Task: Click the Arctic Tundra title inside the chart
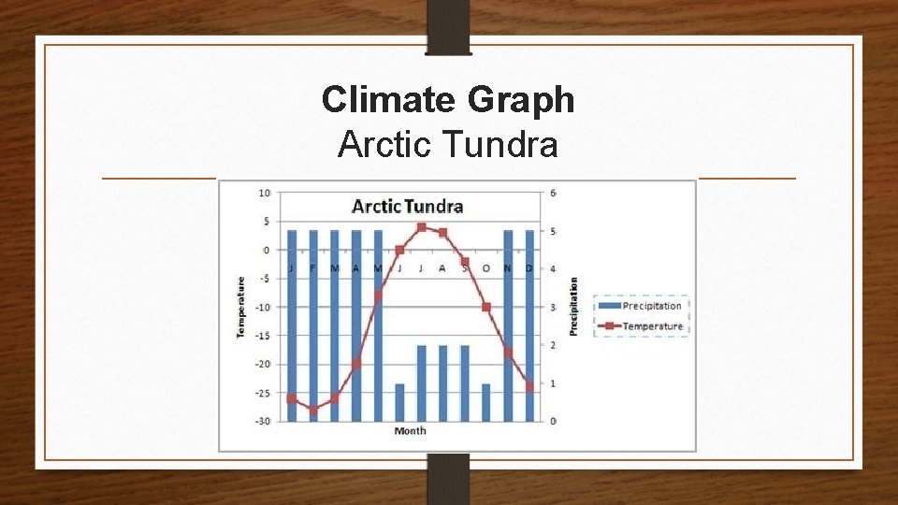(407, 207)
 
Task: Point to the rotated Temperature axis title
(240, 307)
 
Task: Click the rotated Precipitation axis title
(573, 307)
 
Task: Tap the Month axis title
(410, 431)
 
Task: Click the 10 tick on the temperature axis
(265, 193)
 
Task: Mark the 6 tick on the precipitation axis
(554, 193)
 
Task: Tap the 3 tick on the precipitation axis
(554, 307)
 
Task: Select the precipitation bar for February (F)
(313, 327)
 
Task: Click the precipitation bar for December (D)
(529, 327)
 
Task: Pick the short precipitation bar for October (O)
(486, 403)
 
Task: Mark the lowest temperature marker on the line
(313, 410)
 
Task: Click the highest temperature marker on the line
(422, 227)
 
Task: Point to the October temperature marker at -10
(486, 307)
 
